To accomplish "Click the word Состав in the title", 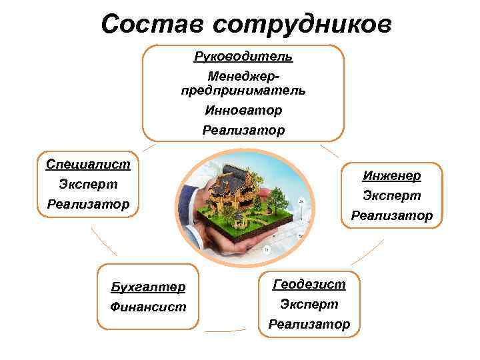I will tap(153, 24).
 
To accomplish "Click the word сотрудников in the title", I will tap(302, 24).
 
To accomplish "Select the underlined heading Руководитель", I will tap(243, 56).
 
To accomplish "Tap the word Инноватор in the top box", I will tap(243, 109).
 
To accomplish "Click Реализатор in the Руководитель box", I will tap(243, 130).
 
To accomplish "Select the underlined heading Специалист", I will tap(88, 163).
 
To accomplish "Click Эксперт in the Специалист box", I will tap(88, 183).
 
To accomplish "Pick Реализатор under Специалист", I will tap(88, 203).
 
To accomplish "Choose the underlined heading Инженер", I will tap(391, 175).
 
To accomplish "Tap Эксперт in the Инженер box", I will tap(391, 195).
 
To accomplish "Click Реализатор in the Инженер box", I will tap(391, 215).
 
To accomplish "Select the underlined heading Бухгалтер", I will tap(148, 287).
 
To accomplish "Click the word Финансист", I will tap(148, 307).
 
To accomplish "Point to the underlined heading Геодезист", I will tap(309, 284).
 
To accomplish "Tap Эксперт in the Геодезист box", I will tap(309, 304).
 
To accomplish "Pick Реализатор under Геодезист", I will tap(309, 324).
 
